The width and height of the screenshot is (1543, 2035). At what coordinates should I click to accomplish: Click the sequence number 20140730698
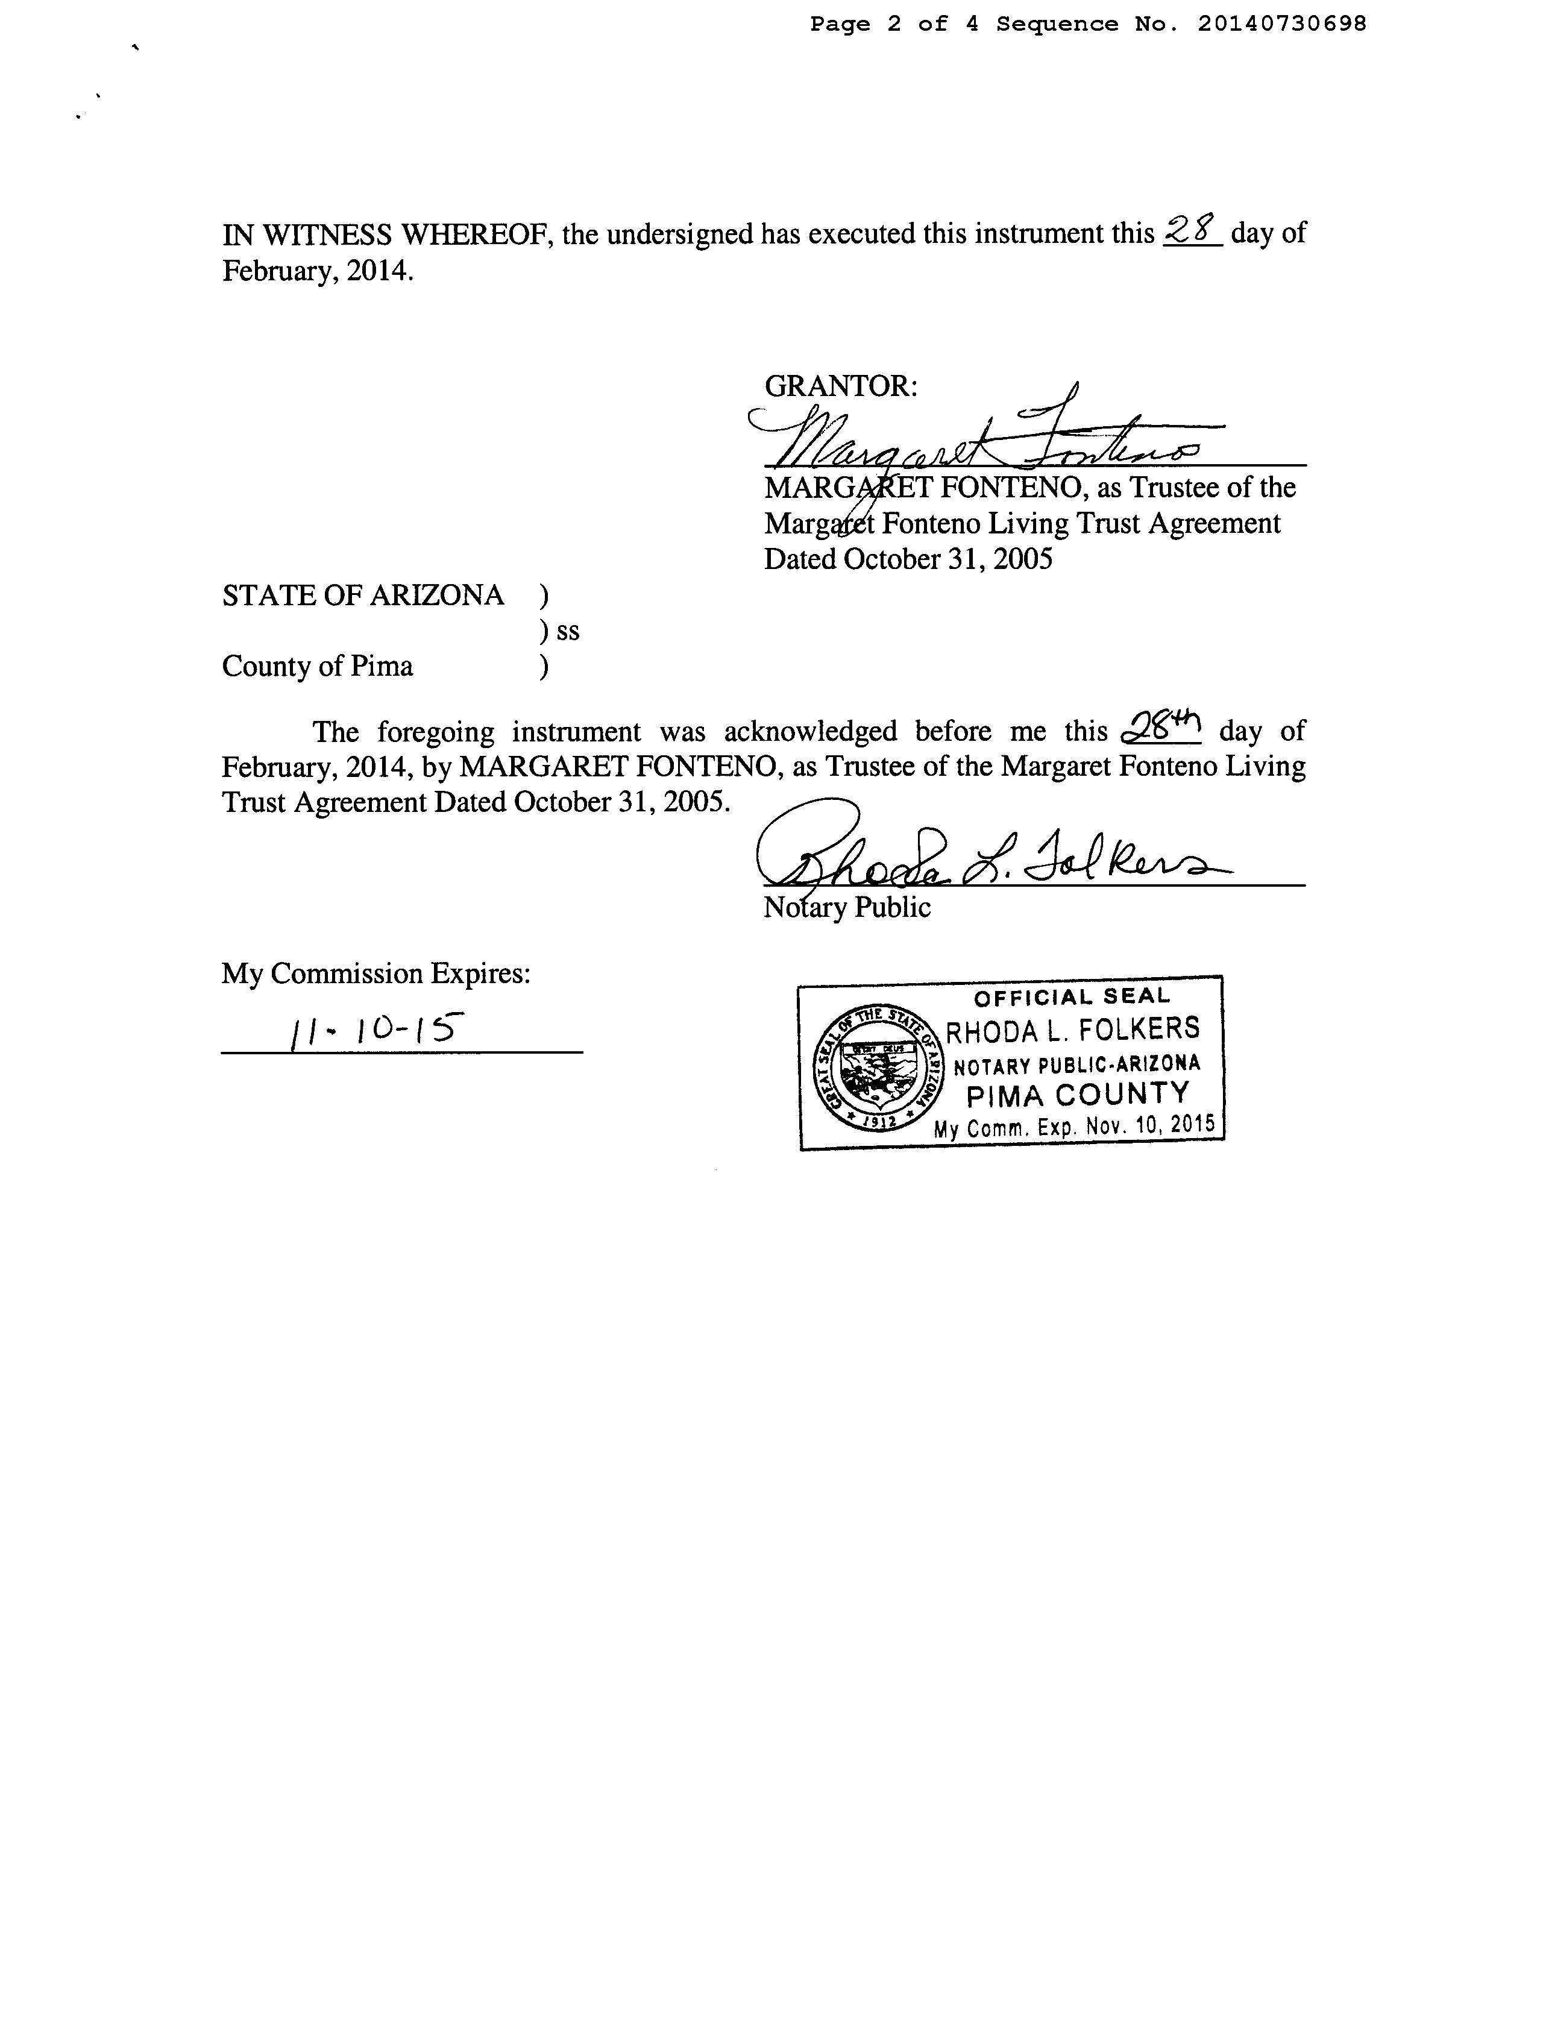click(x=1281, y=24)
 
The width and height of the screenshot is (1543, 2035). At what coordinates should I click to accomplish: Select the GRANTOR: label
click(x=840, y=385)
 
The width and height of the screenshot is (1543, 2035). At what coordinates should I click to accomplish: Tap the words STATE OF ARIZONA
click(x=363, y=595)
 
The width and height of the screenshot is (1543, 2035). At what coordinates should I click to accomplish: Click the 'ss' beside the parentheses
click(x=568, y=631)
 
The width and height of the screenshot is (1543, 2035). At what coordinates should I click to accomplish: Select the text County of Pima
click(x=318, y=666)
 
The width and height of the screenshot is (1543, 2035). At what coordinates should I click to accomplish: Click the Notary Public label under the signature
click(x=846, y=908)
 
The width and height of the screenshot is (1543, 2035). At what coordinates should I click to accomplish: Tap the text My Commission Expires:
click(x=376, y=973)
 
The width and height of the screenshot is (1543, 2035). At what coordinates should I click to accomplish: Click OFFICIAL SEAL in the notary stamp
click(x=1072, y=997)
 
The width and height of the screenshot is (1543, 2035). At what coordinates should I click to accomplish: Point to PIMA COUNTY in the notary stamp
click(x=1078, y=1095)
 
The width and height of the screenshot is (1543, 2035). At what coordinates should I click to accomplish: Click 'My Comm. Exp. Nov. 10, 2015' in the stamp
click(x=1073, y=1126)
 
